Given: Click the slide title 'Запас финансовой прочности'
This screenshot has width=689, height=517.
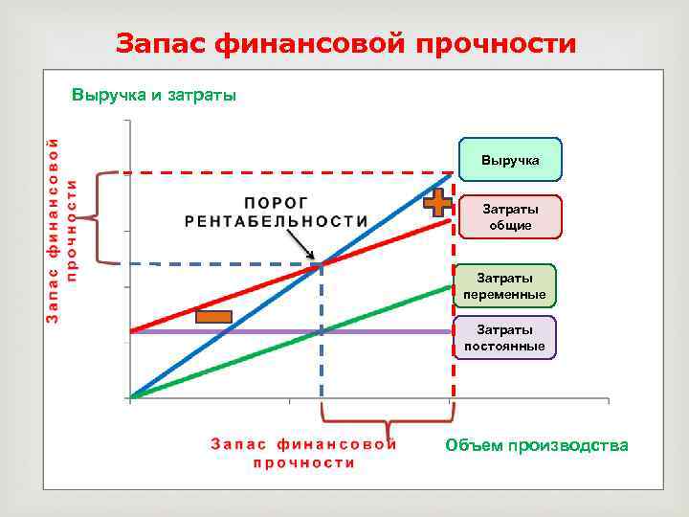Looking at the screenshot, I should [x=345, y=43].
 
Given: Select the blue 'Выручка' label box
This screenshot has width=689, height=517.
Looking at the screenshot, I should [x=510, y=160].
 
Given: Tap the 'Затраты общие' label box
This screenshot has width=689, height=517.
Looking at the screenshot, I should [x=510, y=217].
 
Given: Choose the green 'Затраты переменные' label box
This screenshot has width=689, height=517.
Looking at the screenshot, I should [x=504, y=286].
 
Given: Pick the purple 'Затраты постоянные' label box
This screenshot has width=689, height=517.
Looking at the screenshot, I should [x=504, y=338].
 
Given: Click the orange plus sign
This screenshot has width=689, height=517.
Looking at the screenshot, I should [x=437, y=202].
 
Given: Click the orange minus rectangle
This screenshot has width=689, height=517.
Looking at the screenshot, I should [x=214, y=317].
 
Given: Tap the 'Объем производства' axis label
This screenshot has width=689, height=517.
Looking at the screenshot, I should [x=537, y=445].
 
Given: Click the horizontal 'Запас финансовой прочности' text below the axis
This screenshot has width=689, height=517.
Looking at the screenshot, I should [x=303, y=453].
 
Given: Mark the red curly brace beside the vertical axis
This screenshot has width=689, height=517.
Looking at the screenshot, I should [x=107, y=218].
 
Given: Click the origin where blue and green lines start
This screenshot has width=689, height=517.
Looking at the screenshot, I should [x=131, y=397].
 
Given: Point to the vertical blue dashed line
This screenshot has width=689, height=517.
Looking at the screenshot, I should [x=321, y=345].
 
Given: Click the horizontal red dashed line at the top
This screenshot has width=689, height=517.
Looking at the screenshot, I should [x=287, y=173].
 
